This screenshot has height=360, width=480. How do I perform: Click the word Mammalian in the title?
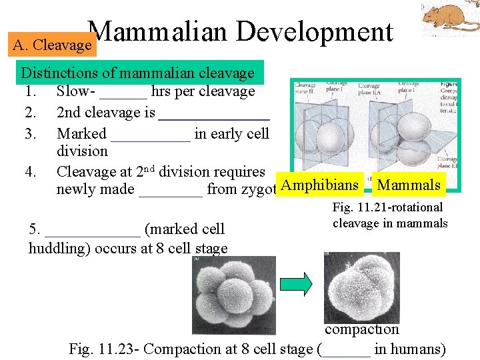(x=158, y=32)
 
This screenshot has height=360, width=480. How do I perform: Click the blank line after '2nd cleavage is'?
(x=214, y=115)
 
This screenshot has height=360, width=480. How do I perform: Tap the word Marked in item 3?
(x=81, y=134)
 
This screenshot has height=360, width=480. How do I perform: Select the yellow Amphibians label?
(x=319, y=185)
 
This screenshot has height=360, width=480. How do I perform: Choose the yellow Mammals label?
(x=409, y=185)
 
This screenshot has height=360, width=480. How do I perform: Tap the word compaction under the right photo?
(x=362, y=329)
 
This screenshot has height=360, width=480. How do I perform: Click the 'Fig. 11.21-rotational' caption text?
(x=387, y=208)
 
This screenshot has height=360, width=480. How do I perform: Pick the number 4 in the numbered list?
(x=30, y=172)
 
